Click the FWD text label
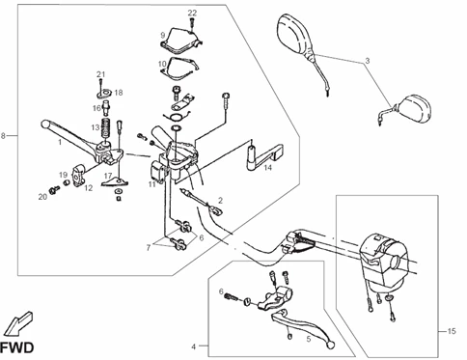16,347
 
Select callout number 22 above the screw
192,13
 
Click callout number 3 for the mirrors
368,61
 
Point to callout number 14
268,167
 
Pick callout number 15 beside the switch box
452,331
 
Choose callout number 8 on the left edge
3,136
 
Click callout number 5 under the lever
309,339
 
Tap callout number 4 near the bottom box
193,346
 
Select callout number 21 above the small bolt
101,74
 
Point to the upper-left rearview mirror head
293,34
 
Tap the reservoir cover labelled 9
181,41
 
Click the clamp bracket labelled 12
79,175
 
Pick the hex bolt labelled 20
53,190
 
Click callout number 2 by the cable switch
220,201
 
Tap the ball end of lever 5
329,345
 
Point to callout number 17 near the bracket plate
108,176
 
